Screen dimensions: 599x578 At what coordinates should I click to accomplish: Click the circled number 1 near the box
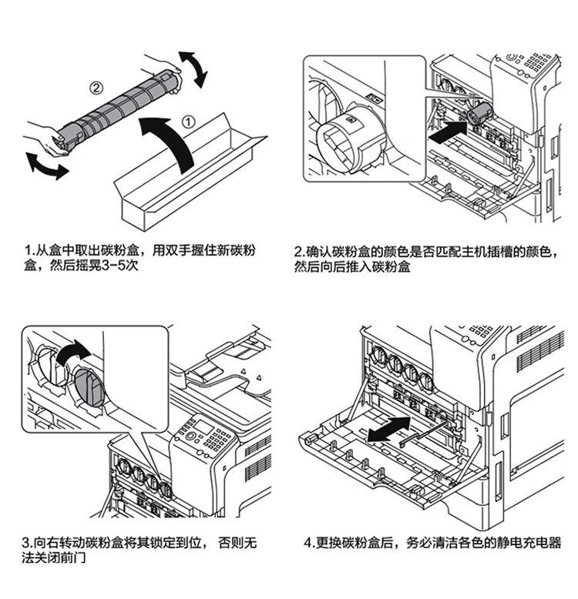(x=189, y=120)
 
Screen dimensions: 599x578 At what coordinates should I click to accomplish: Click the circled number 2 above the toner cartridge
(x=96, y=88)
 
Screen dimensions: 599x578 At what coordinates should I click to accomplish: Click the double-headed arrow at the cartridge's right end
(x=193, y=69)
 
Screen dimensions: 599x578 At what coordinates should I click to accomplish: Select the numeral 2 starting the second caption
(x=299, y=252)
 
